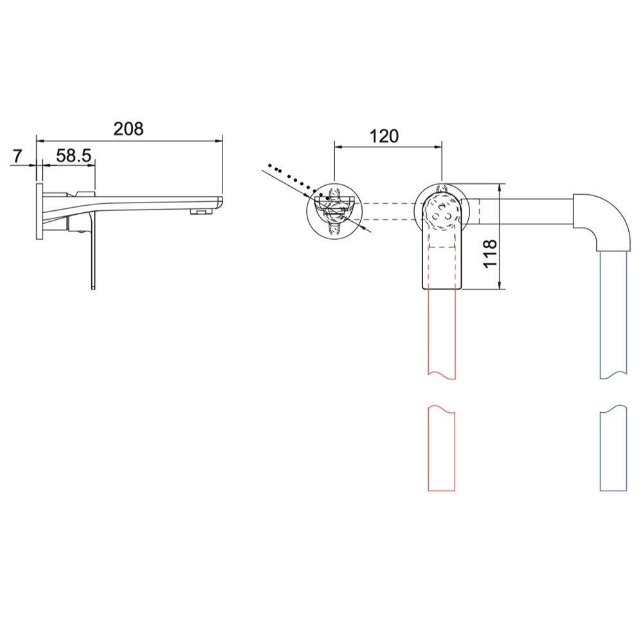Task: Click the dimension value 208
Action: click(129, 129)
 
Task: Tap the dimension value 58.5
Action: click(73, 156)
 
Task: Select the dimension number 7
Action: click(17, 156)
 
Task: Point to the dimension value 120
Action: click(384, 136)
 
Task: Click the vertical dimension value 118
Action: click(489, 254)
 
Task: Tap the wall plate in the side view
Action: click(39, 212)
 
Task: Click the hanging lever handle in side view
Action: click(93, 254)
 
